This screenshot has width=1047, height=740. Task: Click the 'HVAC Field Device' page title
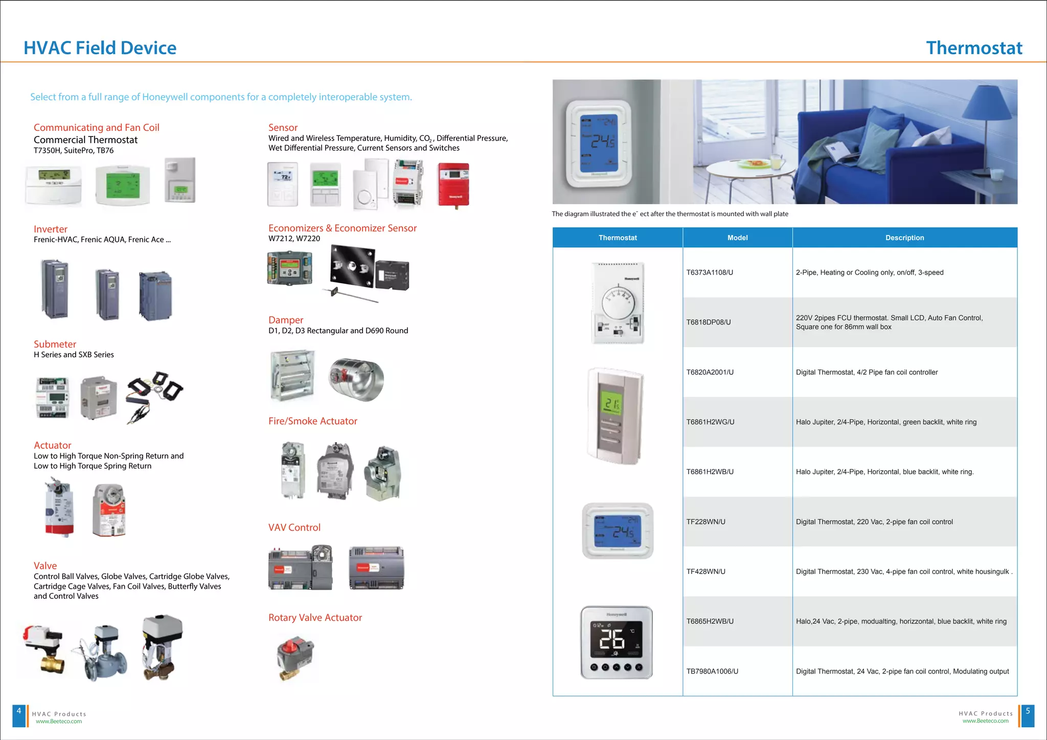point(100,48)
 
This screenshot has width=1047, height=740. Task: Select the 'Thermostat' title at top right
point(974,48)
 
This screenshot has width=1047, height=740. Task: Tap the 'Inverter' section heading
point(51,229)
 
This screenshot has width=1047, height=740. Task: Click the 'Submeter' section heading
point(55,344)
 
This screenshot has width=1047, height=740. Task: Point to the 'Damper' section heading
point(286,320)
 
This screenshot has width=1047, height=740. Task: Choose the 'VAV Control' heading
point(294,527)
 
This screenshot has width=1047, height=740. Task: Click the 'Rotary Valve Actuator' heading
point(315,617)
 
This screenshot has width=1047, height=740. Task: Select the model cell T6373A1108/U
point(710,272)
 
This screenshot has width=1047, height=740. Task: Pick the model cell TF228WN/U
point(705,522)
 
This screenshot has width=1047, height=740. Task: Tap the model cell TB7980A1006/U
point(712,671)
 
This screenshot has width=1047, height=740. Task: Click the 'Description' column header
point(904,238)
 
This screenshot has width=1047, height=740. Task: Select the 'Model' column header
point(737,238)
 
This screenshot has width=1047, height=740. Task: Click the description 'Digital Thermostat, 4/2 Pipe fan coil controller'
point(867,372)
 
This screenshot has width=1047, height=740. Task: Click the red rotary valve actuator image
point(295,657)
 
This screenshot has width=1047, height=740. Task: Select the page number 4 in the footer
point(19,711)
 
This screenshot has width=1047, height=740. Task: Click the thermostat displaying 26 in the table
point(616,642)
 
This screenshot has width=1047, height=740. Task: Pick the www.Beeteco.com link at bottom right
point(985,721)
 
